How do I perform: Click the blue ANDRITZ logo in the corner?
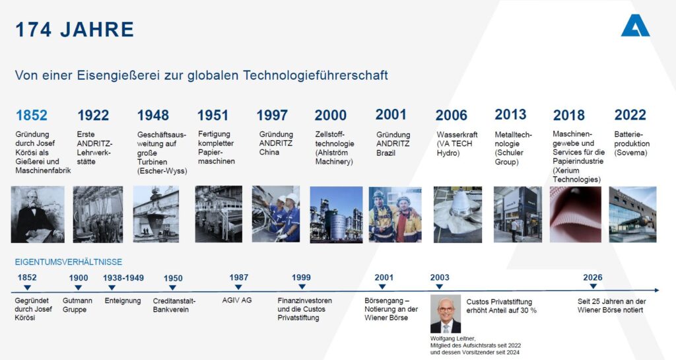(635, 26)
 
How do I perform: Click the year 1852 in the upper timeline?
(32, 116)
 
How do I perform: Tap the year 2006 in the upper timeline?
(451, 116)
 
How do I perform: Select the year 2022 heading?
(630, 115)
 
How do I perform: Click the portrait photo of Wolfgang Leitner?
(446, 314)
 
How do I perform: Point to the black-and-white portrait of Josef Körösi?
(38, 214)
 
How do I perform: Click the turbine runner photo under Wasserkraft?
(457, 214)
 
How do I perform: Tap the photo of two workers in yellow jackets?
(395, 214)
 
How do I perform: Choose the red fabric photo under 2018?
(575, 214)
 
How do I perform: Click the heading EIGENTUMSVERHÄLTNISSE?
(69, 262)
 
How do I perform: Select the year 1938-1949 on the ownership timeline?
(123, 278)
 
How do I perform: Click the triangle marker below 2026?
(593, 287)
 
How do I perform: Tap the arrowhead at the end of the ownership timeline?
(657, 291)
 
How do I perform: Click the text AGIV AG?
(237, 301)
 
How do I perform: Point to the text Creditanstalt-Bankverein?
(174, 305)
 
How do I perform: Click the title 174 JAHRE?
(75, 30)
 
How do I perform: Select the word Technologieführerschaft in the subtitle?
(316, 75)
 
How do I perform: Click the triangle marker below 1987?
(238, 287)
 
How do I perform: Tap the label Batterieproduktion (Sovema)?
(632, 143)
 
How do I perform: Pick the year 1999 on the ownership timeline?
(301, 278)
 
